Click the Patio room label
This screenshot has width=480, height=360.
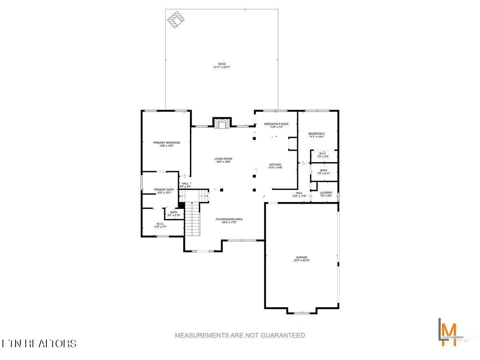point(222,64)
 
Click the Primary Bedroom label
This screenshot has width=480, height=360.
point(166,143)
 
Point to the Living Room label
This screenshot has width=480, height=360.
point(223,159)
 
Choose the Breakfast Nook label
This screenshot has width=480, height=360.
point(276,124)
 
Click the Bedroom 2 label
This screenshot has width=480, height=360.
point(316,133)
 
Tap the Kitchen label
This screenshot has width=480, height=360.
point(275,165)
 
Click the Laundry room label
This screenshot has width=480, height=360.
point(326,193)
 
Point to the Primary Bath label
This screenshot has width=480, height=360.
point(164,190)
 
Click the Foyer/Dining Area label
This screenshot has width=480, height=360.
point(229,219)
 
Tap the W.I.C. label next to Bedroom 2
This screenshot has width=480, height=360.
point(322,154)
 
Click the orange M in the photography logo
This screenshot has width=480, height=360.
point(451,330)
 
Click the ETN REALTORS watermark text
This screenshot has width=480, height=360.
point(39,343)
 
